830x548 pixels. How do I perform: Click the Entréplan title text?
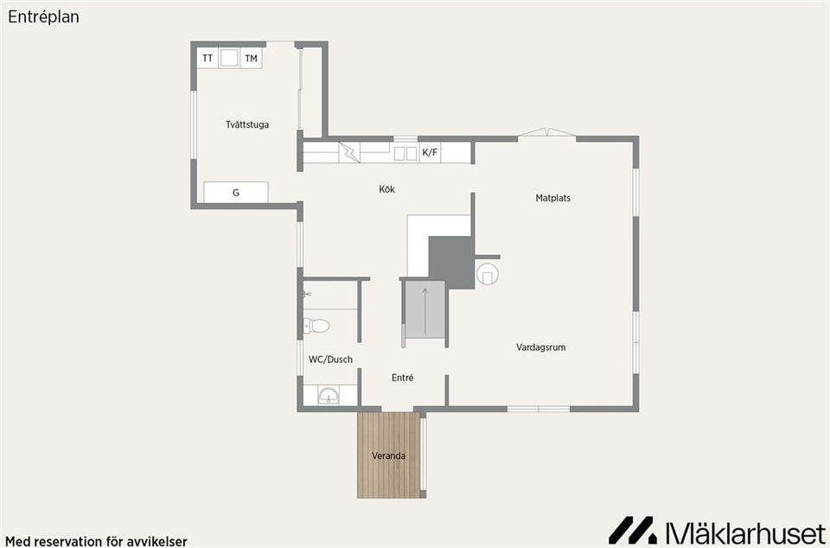pyautogui.click(x=43, y=17)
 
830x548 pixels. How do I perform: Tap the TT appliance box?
pyautogui.click(x=207, y=58)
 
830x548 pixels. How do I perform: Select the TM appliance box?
pyautogui.click(x=252, y=58)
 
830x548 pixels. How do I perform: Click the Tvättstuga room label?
pyautogui.click(x=247, y=124)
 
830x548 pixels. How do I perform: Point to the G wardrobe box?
pyautogui.click(x=236, y=192)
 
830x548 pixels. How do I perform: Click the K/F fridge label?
pyautogui.click(x=430, y=153)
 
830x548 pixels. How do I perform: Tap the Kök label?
pyautogui.click(x=387, y=188)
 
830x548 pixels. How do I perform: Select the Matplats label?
pyautogui.click(x=552, y=198)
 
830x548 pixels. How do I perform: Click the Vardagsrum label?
pyautogui.click(x=541, y=347)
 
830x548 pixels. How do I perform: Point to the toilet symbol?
pyautogui.click(x=316, y=325)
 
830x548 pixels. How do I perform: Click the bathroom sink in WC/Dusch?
pyautogui.click(x=329, y=395)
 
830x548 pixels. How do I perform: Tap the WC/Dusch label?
pyautogui.click(x=330, y=360)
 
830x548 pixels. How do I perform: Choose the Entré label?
pyautogui.click(x=402, y=378)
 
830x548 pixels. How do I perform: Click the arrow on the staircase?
pyautogui.click(x=425, y=311)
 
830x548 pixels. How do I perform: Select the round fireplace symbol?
pyautogui.click(x=487, y=274)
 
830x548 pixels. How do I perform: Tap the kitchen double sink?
pyautogui.click(x=405, y=153)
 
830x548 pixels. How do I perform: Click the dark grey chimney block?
pyautogui.click(x=451, y=263)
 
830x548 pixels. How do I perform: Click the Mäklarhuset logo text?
pyautogui.click(x=746, y=531)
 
